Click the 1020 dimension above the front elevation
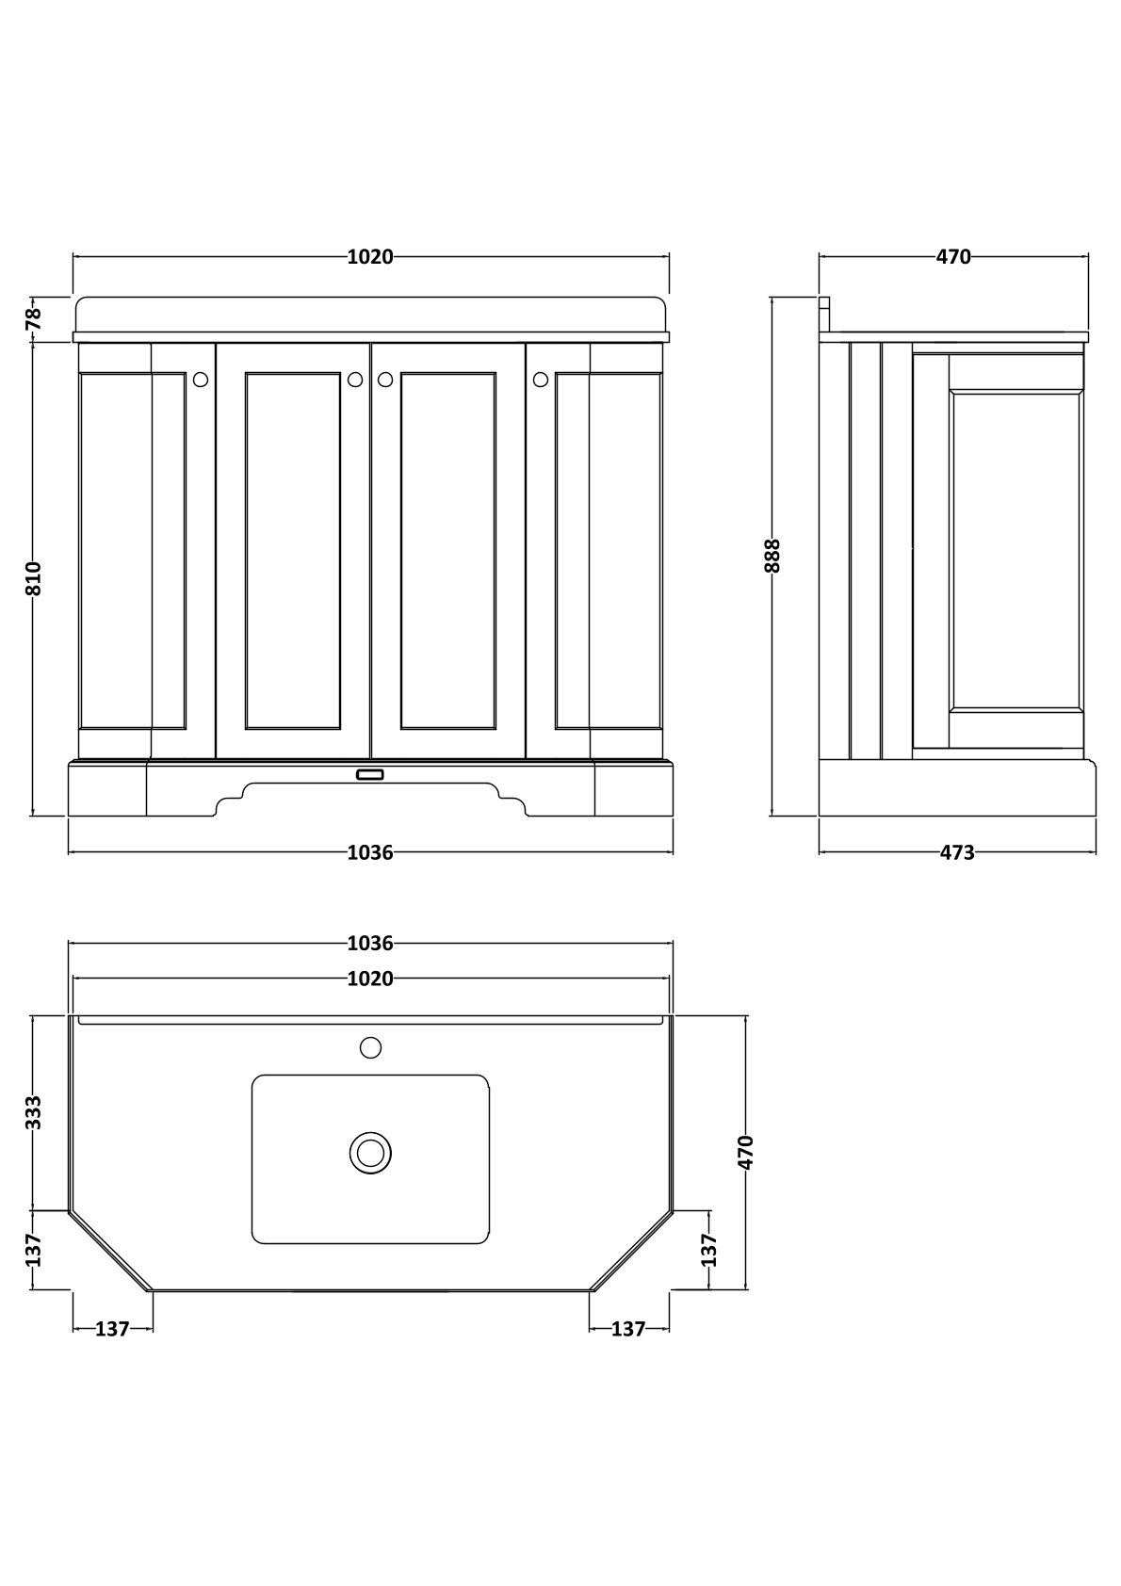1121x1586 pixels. [x=370, y=256]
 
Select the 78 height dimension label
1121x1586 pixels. [x=33, y=317]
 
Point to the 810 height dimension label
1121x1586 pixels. [x=33, y=578]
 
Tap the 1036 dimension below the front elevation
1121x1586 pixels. [x=370, y=852]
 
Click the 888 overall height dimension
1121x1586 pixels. [x=772, y=556]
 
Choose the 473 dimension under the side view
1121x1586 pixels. [x=957, y=852]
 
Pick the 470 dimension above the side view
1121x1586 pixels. [x=953, y=256]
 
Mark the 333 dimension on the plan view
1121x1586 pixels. [x=33, y=1112]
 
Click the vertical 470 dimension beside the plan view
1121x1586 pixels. [x=746, y=1153]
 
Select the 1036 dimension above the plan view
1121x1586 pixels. [x=370, y=943]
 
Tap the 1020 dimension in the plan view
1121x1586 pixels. [x=370, y=979]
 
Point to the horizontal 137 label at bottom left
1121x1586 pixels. [x=112, y=1329]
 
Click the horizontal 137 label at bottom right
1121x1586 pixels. [x=628, y=1329]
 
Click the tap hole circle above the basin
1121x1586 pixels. [x=370, y=1046]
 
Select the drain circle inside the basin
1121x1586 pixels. [x=370, y=1153]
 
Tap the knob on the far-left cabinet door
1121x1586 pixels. [x=201, y=380]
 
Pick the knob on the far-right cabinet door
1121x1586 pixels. [x=540, y=380]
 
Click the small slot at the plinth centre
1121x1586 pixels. [x=370, y=774]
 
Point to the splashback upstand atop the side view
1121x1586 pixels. [x=824, y=315]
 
